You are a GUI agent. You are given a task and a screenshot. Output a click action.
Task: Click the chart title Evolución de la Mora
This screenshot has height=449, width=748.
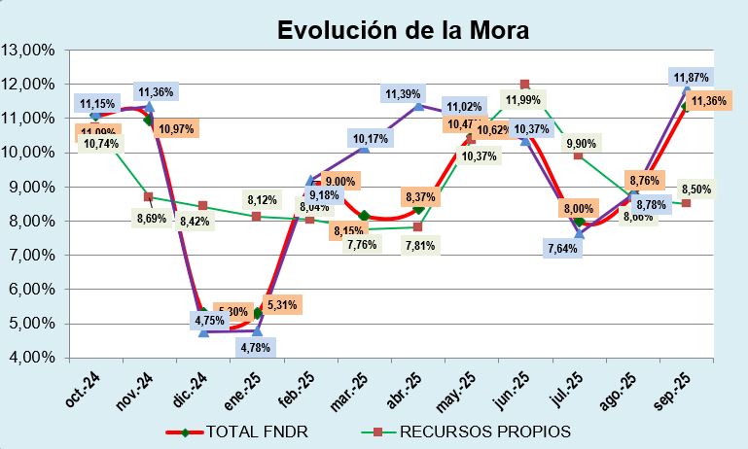(x=403, y=29)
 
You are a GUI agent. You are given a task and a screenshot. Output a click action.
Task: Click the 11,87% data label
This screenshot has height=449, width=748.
(x=692, y=77)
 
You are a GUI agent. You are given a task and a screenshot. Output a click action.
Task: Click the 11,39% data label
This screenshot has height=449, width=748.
(x=403, y=94)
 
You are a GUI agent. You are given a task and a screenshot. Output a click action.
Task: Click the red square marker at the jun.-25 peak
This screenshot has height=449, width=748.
(x=524, y=85)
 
